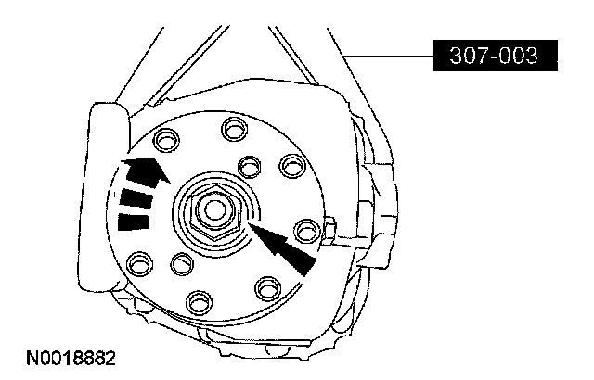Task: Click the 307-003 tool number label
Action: (x=495, y=56)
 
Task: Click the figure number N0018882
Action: (x=71, y=358)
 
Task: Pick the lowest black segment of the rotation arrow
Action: (x=134, y=222)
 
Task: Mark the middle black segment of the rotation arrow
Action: (x=136, y=198)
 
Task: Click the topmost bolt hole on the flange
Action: (x=235, y=130)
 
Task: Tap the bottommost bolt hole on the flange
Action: (x=200, y=303)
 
